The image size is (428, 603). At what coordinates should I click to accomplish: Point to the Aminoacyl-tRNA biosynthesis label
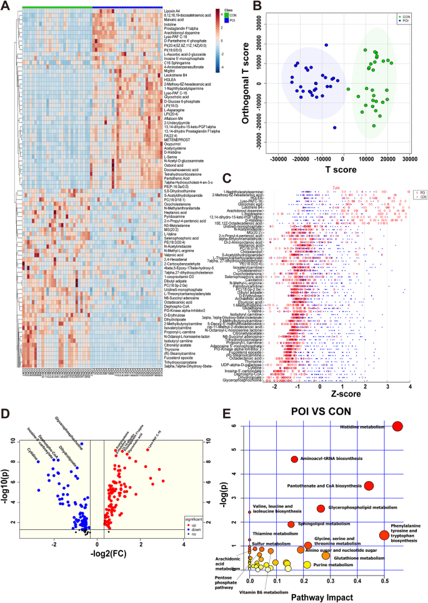point(329,459)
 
